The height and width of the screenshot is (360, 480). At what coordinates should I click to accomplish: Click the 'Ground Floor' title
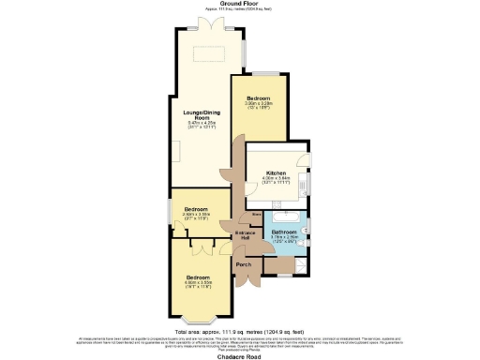tap(239, 4)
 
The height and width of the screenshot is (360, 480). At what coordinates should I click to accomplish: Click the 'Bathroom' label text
tap(284, 231)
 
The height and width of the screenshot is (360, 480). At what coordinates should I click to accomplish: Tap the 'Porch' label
tap(243, 265)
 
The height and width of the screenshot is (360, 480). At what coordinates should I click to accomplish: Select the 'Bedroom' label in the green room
tap(258, 97)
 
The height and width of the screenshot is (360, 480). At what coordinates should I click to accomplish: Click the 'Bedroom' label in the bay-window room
tap(198, 278)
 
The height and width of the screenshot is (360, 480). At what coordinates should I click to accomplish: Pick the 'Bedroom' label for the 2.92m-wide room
tap(195, 208)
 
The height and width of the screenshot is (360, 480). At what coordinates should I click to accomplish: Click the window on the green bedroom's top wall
tap(259, 73)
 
